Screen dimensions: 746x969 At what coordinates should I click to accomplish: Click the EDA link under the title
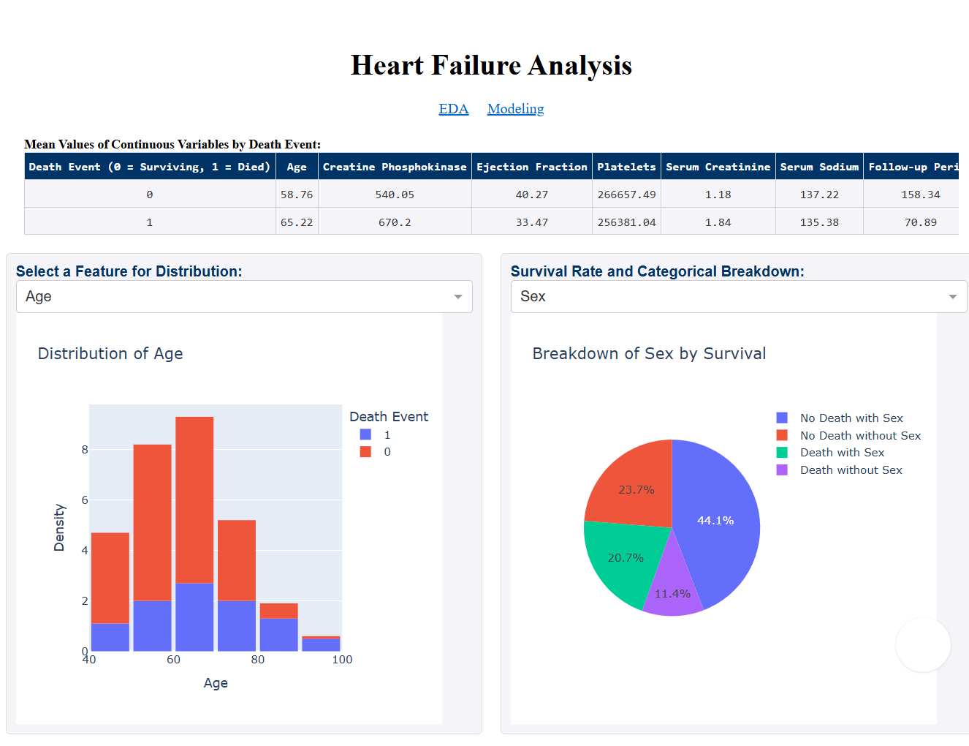(453, 109)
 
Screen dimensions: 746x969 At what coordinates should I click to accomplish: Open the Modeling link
(515, 109)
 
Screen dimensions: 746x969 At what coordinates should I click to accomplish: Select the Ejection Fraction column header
(531, 167)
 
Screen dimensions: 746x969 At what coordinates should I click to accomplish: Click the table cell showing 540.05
(395, 195)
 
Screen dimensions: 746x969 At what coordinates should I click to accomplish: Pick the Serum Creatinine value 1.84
(718, 222)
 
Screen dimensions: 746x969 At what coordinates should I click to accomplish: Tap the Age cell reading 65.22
(297, 222)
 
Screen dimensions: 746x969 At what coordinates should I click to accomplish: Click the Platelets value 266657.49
(626, 195)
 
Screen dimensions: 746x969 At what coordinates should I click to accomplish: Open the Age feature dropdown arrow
(458, 297)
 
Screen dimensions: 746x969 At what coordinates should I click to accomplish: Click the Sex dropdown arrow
(952, 297)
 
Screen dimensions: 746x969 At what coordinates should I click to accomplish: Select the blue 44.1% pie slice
(720, 527)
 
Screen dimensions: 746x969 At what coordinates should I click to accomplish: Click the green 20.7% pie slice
(621, 559)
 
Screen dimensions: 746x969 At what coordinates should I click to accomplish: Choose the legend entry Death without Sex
(851, 470)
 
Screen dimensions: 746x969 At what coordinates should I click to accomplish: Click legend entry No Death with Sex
(851, 418)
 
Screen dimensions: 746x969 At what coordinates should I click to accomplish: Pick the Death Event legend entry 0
(387, 452)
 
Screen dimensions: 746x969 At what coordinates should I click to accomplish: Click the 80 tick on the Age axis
(258, 660)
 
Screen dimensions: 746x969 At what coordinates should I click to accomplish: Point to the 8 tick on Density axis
(85, 450)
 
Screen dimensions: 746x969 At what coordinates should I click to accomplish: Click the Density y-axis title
(59, 527)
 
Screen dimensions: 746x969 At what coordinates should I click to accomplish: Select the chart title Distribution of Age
(110, 354)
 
